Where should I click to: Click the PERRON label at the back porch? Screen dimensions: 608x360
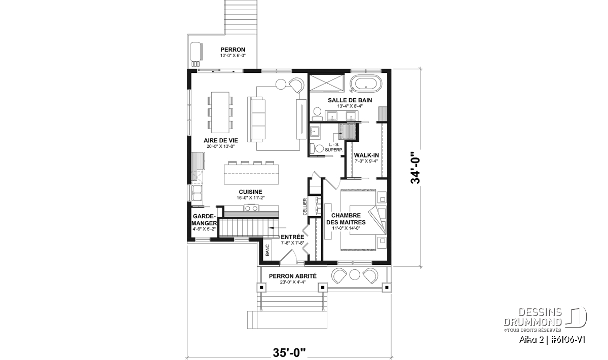tap(233, 50)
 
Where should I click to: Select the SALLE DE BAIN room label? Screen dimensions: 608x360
tap(350, 100)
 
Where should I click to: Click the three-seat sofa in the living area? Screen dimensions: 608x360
tap(256, 119)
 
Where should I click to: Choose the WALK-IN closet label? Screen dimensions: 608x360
tap(366, 155)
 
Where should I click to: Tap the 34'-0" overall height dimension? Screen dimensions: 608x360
tap(415, 168)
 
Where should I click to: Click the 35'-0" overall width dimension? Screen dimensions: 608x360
tap(289, 353)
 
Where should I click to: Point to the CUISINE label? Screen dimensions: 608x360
tap(250, 192)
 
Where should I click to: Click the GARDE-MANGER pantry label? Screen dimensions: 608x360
tap(204, 220)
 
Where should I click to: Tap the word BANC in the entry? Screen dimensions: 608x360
tap(267, 250)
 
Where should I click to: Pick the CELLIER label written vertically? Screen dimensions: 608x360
tap(305, 207)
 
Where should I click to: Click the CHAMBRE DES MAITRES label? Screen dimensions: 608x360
tap(346, 219)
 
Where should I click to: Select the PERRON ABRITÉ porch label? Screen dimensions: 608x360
tap(293, 276)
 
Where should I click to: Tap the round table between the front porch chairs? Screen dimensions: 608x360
tap(354, 275)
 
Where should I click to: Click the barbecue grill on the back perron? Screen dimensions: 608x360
tap(196, 54)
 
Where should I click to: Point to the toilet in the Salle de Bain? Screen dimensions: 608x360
tap(317, 115)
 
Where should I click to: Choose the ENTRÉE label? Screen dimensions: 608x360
tap(292, 237)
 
